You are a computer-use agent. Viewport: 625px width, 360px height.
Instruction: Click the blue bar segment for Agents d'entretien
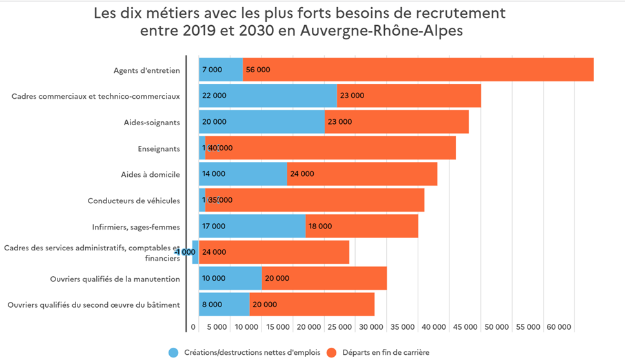click(221, 70)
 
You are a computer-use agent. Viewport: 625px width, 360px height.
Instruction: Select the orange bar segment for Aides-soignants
click(396, 122)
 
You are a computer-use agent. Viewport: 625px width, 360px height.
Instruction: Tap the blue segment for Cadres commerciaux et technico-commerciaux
click(268, 95)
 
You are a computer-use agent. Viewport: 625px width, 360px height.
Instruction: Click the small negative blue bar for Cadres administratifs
click(195, 252)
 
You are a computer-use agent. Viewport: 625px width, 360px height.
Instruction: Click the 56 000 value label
click(258, 70)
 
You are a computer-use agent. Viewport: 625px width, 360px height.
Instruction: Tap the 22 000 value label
click(214, 95)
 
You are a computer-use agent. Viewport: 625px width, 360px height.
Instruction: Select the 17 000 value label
click(214, 226)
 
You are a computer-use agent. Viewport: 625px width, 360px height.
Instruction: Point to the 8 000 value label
click(212, 305)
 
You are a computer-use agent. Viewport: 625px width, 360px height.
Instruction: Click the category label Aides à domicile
click(150, 174)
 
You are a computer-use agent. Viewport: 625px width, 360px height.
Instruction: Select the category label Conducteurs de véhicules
click(134, 201)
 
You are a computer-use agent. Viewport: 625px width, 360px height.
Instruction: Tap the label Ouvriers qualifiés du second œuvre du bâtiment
click(94, 305)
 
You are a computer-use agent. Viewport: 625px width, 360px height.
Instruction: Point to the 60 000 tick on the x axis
click(559, 327)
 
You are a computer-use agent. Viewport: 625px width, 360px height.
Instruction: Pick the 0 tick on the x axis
click(193, 327)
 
